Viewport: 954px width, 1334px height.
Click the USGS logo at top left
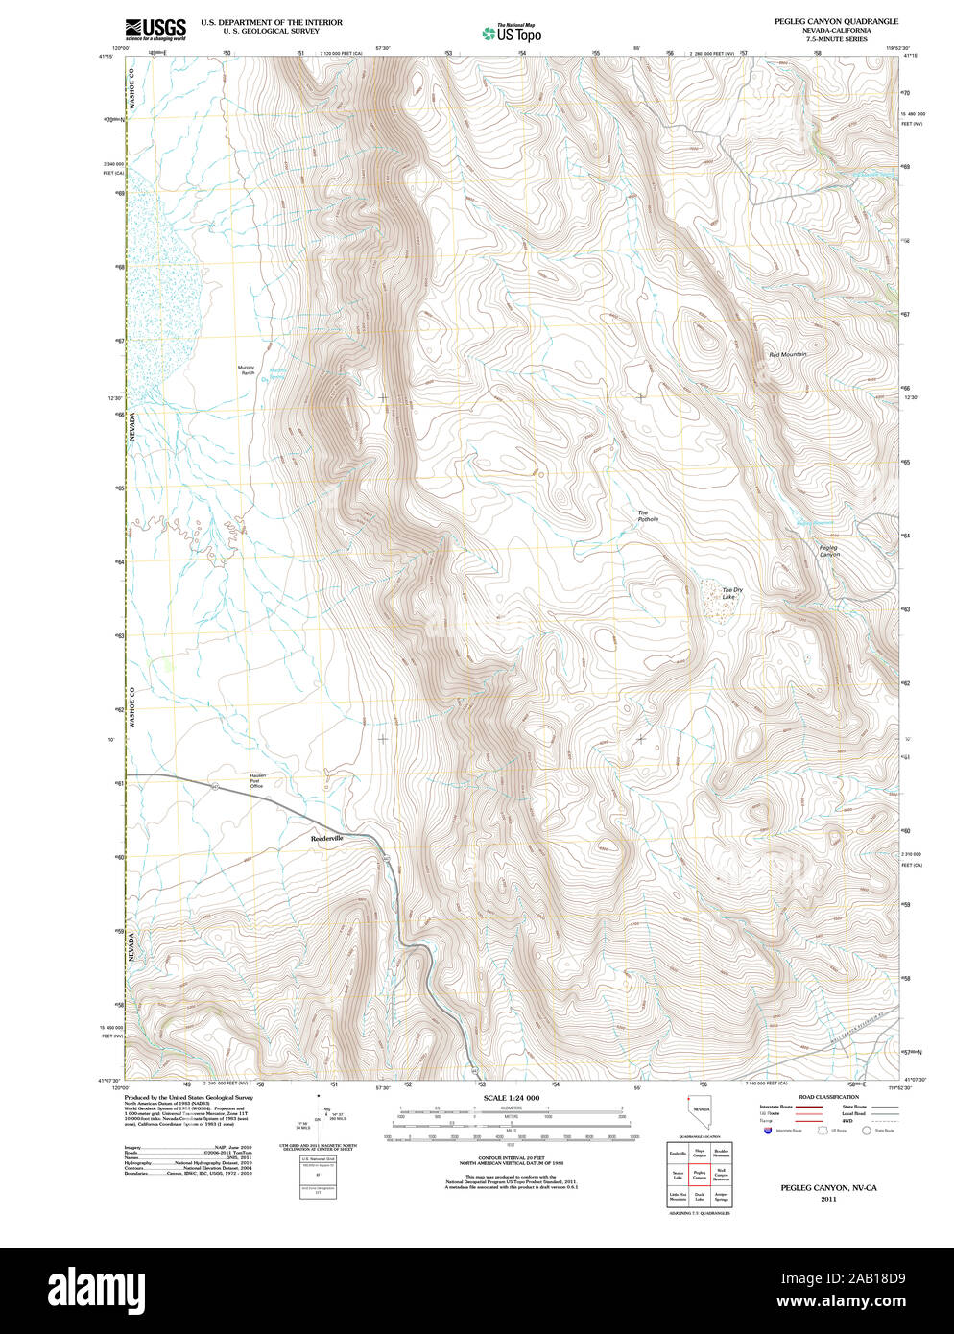[155, 29]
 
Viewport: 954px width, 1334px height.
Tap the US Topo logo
[512, 34]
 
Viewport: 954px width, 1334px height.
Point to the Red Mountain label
[787, 355]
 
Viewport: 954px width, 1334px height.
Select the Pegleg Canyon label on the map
[829, 552]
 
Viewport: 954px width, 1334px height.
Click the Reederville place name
[327, 838]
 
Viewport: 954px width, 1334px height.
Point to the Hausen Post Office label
[256, 780]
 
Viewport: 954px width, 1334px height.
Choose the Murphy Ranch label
[247, 369]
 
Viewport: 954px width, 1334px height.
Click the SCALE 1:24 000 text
[511, 1098]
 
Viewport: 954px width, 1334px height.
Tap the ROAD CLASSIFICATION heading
[828, 1097]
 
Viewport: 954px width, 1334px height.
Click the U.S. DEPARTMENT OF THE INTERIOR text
[271, 22]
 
